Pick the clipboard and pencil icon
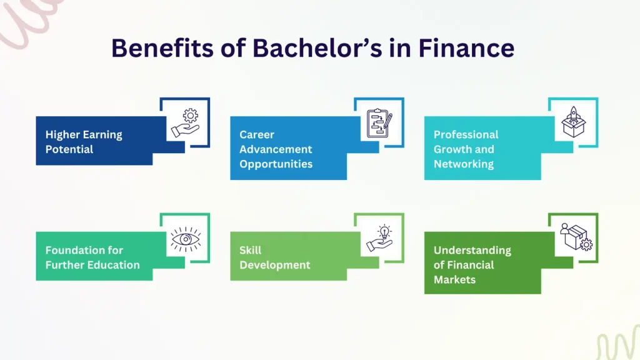(379, 123)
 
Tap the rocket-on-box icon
(573, 122)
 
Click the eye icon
(185, 239)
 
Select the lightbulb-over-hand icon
(379, 239)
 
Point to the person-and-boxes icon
(573, 238)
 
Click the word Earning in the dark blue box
(102, 134)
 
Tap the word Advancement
(276, 149)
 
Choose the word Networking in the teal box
(464, 164)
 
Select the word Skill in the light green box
(251, 250)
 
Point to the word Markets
(455, 280)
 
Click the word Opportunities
(276, 164)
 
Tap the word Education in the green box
(113, 265)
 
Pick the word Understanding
(472, 250)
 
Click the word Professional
(466, 134)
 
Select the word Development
(275, 265)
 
